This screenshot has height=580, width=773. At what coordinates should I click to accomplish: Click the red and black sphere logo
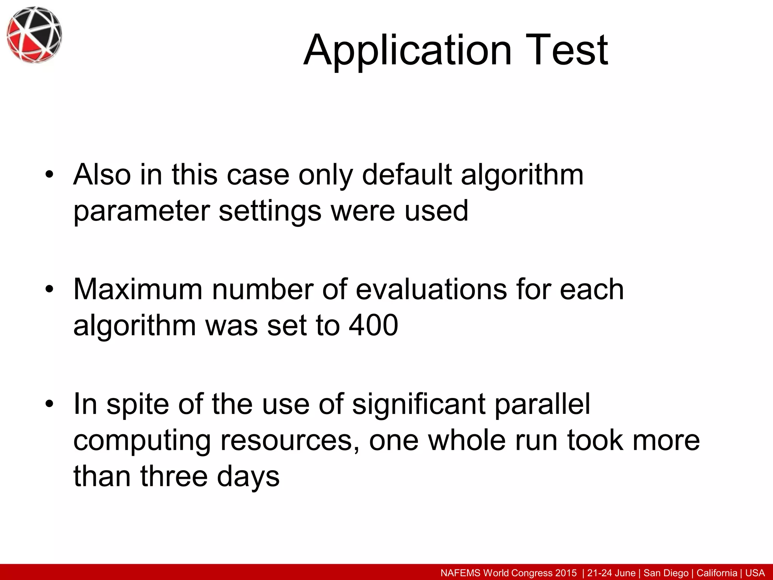point(34,34)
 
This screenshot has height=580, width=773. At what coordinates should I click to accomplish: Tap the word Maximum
point(138,290)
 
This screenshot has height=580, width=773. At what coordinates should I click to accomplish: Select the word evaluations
point(431,290)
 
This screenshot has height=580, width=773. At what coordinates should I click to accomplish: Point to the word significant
point(419,404)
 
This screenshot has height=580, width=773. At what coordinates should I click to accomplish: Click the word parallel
point(542,404)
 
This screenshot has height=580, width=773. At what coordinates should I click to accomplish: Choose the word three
point(174,476)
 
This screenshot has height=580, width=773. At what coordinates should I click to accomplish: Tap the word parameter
point(142,211)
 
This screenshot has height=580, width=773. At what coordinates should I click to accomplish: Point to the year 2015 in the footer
point(566,573)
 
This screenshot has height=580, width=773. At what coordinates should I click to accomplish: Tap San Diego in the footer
point(666,573)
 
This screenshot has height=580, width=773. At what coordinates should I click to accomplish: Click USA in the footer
point(755,573)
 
